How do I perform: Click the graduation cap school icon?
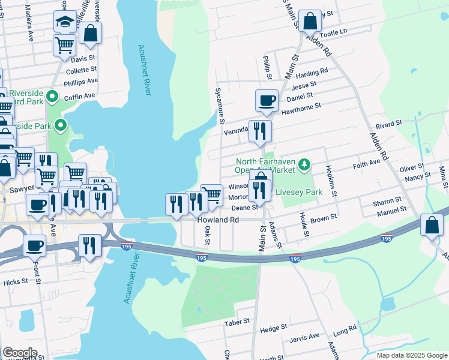(64, 23)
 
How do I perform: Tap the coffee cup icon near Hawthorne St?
(266, 100)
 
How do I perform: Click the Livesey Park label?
(303, 193)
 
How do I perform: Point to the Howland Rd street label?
(218, 220)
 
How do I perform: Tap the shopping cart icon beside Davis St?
(64, 44)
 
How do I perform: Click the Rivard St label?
(388, 124)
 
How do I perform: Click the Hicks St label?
(16, 281)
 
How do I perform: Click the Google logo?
(20, 352)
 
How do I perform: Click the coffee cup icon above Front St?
(35, 245)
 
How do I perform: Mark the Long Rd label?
(345, 331)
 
